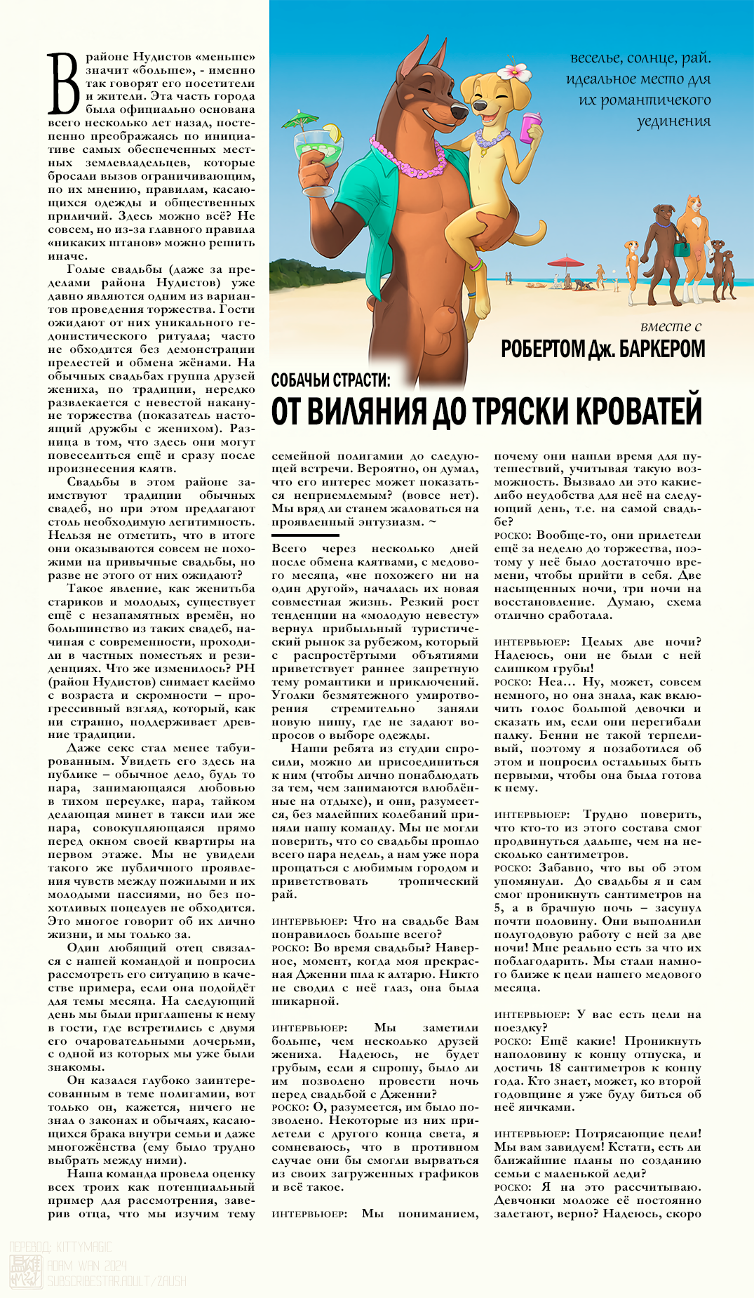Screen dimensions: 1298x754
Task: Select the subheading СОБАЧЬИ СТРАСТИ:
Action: click(x=331, y=380)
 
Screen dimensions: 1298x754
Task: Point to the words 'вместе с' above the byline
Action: click(x=671, y=326)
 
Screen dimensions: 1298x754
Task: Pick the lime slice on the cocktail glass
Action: click(x=332, y=131)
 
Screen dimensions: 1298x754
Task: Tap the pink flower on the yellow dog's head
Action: click(x=513, y=72)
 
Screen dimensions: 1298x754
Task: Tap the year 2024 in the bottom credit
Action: click(x=112, y=1265)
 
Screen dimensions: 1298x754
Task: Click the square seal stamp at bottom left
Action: click(x=25, y=1272)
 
